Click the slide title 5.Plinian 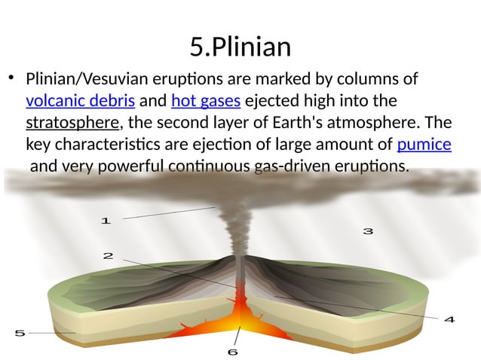click(240, 47)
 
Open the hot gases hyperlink click(206, 101)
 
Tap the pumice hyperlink click(424, 144)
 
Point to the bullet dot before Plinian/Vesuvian click(11, 78)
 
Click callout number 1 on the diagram click(106, 221)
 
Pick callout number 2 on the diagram click(108, 256)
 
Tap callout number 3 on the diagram click(368, 231)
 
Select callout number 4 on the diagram click(449, 319)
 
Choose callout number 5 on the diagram click(20, 332)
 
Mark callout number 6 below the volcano click(233, 351)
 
